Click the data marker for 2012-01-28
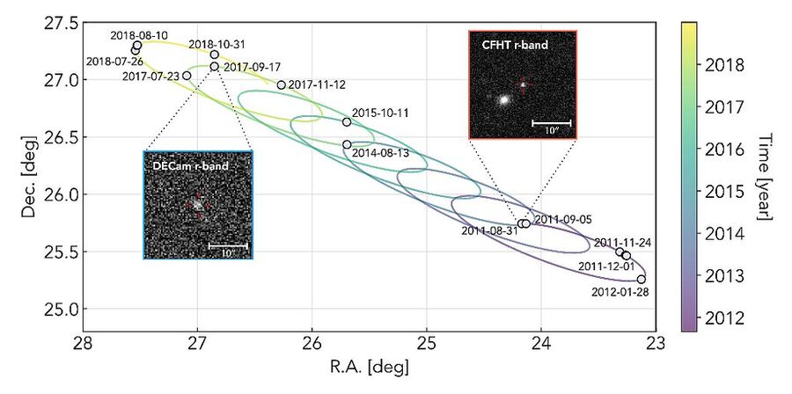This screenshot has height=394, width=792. click(x=641, y=280)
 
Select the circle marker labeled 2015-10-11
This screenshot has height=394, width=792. click(x=347, y=122)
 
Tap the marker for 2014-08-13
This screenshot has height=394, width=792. click(x=347, y=145)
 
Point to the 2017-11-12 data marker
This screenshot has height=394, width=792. click(x=282, y=85)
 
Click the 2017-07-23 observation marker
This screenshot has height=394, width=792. click(x=187, y=76)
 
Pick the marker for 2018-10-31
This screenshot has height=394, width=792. click(x=214, y=55)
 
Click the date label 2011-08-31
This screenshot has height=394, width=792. click(x=489, y=231)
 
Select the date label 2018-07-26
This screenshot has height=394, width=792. click(x=114, y=62)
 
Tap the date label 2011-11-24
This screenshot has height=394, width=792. click(x=622, y=243)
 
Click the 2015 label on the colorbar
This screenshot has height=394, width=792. click(x=720, y=193)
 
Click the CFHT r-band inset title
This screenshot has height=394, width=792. click(x=513, y=45)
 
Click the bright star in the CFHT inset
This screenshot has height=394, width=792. click(x=503, y=99)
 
